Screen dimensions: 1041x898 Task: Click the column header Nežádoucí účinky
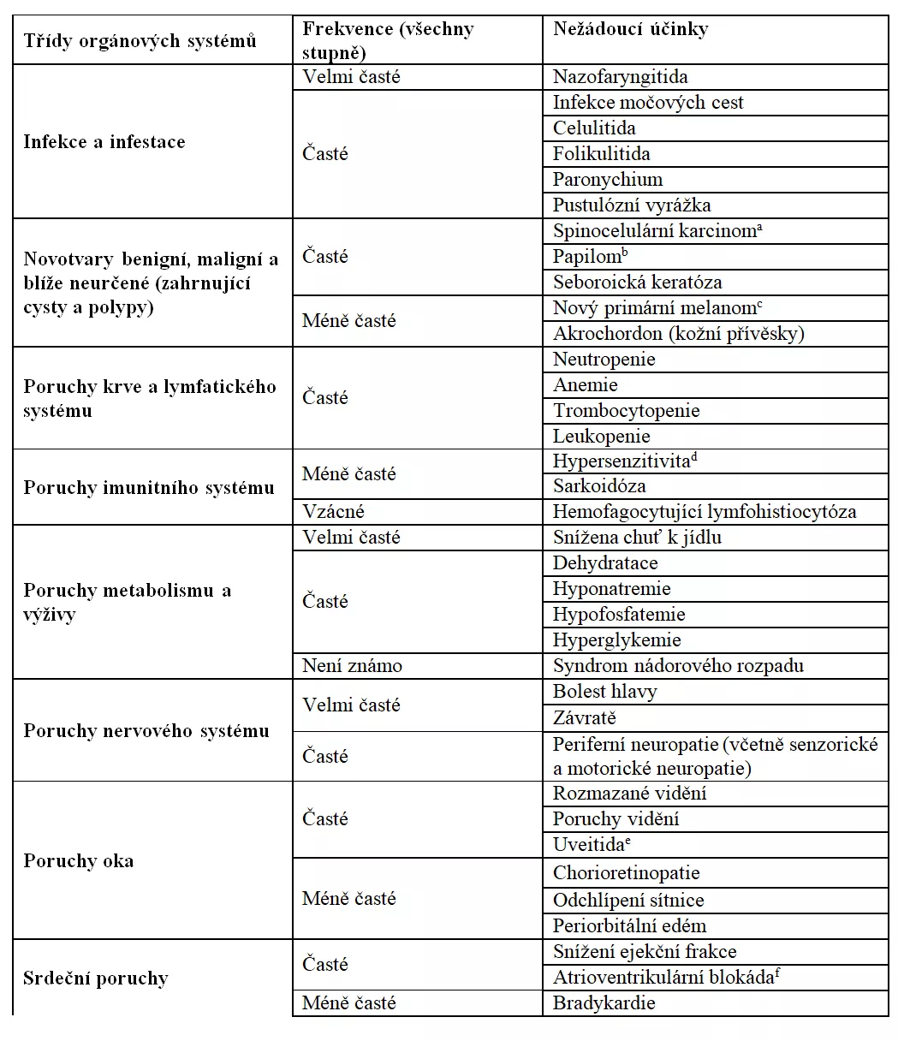[x=630, y=29]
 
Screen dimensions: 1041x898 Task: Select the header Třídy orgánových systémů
[x=140, y=40]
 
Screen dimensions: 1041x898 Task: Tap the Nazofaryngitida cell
[x=620, y=77]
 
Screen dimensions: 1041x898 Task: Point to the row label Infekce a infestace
[x=104, y=142]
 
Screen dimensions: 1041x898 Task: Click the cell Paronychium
[x=608, y=180]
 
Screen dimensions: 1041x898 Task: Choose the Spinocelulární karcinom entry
[x=657, y=231]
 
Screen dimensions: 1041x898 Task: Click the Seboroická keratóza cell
[x=637, y=283]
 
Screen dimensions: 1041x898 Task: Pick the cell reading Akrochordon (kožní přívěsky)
[x=679, y=334]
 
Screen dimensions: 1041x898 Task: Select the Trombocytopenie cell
[x=626, y=411]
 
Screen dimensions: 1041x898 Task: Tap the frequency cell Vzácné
[x=333, y=512]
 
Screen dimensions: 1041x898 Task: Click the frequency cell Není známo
[x=352, y=666]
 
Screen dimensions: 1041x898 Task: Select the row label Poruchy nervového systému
[x=146, y=731]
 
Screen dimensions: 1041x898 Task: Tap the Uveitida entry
[x=592, y=845]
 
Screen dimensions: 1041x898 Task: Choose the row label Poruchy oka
[x=79, y=861]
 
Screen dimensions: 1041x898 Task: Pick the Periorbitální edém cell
[x=629, y=926]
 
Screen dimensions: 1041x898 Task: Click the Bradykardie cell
[x=604, y=1003]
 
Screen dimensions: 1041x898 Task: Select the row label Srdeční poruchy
[x=96, y=979]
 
